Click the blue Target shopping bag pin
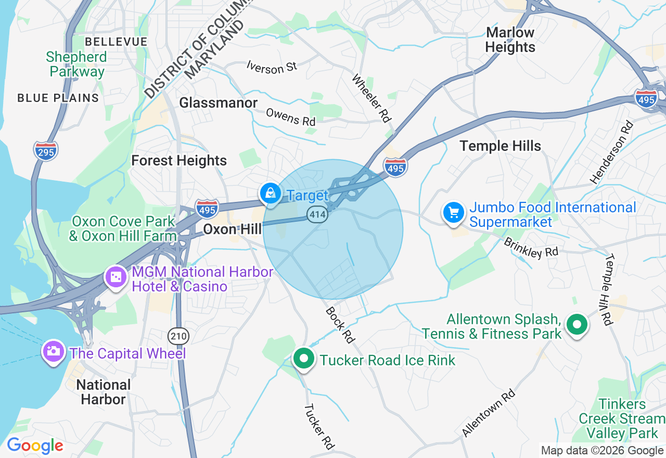coord(271,194)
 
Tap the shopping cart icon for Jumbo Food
coord(454,212)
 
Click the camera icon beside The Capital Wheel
coord(53,351)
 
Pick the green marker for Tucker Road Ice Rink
coord(304,358)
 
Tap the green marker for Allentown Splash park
coord(577,325)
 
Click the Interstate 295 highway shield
coord(46,150)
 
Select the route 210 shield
coord(178,336)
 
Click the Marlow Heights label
coord(510,40)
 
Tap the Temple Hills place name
coord(500,146)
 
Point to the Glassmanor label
coord(218,103)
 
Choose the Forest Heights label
coord(178,160)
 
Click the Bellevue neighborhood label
coord(116,42)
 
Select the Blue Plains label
coord(58,98)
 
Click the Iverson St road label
coord(272,67)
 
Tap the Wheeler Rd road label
coord(371,98)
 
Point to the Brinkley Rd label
coord(530,247)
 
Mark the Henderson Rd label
coord(612,152)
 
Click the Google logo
coord(34,446)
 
